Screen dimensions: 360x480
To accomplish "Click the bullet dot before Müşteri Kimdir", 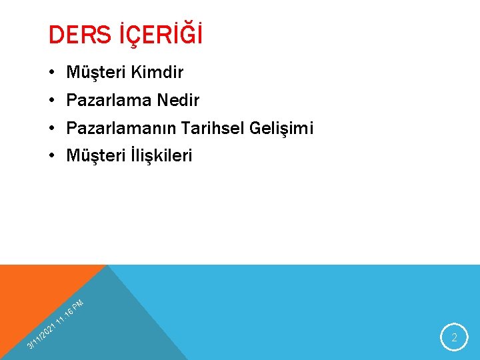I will (x=51, y=72).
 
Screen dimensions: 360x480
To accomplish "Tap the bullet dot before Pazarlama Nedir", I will (x=51, y=100).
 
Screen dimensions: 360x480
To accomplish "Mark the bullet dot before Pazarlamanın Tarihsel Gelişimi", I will (x=51, y=128).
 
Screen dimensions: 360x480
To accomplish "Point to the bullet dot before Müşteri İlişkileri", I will (x=51, y=156).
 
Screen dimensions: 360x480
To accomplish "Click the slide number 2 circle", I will (x=455, y=337).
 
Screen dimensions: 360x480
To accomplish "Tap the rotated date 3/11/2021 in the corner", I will (x=39, y=336).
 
